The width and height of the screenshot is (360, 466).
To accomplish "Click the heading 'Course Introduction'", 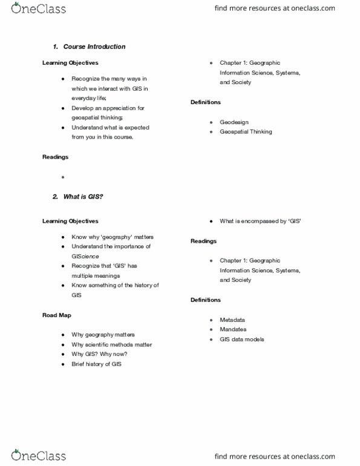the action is click(94, 47).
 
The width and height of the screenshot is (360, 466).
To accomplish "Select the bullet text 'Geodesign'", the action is click(234, 122).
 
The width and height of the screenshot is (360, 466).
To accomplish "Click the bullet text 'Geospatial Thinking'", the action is click(246, 131).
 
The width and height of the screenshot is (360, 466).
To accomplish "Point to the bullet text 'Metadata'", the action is click(232, 320).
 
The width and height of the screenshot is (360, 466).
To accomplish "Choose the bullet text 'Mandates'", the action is click(233, 329).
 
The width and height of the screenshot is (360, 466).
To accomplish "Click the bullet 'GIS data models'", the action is click(242, 340).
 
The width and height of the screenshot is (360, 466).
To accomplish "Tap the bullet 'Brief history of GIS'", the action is click(96, 364).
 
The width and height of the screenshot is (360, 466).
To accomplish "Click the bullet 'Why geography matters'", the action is click(103, 335).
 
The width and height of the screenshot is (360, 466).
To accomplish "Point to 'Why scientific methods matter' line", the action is click(111, 344).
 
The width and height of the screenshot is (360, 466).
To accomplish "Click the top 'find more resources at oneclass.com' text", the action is click(274, 8).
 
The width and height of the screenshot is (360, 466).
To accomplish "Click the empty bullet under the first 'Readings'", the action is click(63, 177).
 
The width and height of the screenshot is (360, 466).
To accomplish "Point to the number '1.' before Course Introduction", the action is click(55, 47).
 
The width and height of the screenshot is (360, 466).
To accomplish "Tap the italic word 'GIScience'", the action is click(85, 256).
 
